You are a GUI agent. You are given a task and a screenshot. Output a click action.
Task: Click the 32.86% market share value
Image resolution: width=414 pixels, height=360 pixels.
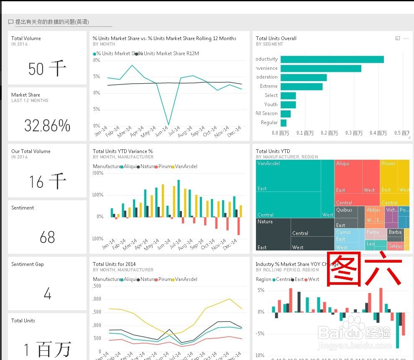[47, 125]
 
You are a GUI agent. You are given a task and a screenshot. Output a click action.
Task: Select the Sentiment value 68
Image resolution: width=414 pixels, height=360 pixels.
[47, 237]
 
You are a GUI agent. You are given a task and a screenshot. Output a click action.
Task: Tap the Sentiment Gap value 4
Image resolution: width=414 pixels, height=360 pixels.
[47, 294]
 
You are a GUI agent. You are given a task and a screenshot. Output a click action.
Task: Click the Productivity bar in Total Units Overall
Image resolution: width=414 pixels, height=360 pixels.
[332, 59]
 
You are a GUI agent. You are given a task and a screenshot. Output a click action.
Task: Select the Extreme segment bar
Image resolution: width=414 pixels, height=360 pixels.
[302, 87]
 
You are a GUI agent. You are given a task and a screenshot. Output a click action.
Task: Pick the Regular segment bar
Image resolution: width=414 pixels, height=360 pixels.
[284, 123]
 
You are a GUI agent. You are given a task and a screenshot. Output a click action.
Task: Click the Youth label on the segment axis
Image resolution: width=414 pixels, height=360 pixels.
[271, 105]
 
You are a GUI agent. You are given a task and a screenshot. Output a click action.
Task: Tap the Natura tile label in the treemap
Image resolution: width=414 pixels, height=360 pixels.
[265, 222]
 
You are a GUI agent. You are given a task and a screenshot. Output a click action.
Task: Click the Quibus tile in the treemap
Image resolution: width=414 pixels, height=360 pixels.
[344, 210]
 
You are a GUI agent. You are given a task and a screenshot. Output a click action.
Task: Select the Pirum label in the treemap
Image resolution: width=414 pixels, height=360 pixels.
[388, 163]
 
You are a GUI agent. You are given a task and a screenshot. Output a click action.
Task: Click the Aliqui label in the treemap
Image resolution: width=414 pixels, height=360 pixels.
[342, 163]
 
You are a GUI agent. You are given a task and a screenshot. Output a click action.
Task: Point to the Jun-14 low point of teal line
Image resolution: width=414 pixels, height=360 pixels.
[169, 125]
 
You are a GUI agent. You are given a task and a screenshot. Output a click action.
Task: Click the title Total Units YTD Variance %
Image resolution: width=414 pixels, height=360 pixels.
[123, 151]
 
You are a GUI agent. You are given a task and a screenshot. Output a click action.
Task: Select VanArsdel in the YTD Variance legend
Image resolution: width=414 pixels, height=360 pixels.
[186, 166]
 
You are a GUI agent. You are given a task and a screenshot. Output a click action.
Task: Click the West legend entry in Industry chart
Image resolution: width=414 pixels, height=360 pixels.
[313, 279]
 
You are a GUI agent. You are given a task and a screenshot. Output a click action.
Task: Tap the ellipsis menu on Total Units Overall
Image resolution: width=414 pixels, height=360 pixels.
[406, 38]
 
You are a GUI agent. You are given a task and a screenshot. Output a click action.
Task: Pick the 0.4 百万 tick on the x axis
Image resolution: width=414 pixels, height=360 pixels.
[378, 133]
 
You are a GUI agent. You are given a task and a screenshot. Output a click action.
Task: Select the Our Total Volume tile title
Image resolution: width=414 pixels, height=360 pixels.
[31, 151]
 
